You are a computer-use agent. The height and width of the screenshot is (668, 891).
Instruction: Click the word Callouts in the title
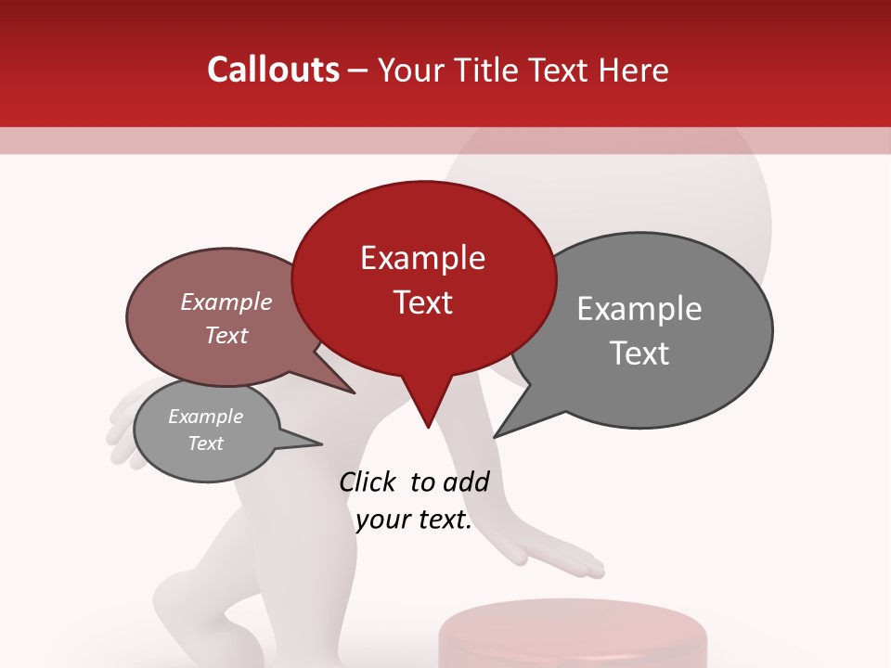pyautogui.click(x=273, y=70)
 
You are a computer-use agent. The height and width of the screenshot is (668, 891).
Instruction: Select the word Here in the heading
pyautogui.click(x=635, y=70)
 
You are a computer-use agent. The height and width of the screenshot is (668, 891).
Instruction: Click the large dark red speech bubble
pyautogui.click(x=423, y=278)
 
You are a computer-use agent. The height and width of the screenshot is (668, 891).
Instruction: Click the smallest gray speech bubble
pyautogui.click(x=206, y=430)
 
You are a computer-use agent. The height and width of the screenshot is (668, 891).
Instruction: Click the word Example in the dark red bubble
pyautogui.click(x=422, y=258)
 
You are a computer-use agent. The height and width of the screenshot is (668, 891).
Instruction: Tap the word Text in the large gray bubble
pyautogui.click(x=640, y=353)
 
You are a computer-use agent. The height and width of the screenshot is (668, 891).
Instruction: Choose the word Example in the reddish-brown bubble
pyautogui.click(x=226, y=302)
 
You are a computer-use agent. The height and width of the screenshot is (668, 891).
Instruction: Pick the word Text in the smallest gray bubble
pyautogui.click(x=206, y=443)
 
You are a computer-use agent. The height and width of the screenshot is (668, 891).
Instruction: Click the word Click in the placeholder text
pyautogui.click(x=368, y=482)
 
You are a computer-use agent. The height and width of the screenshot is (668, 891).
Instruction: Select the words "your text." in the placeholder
pyautogui.click(x=414, y=520)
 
